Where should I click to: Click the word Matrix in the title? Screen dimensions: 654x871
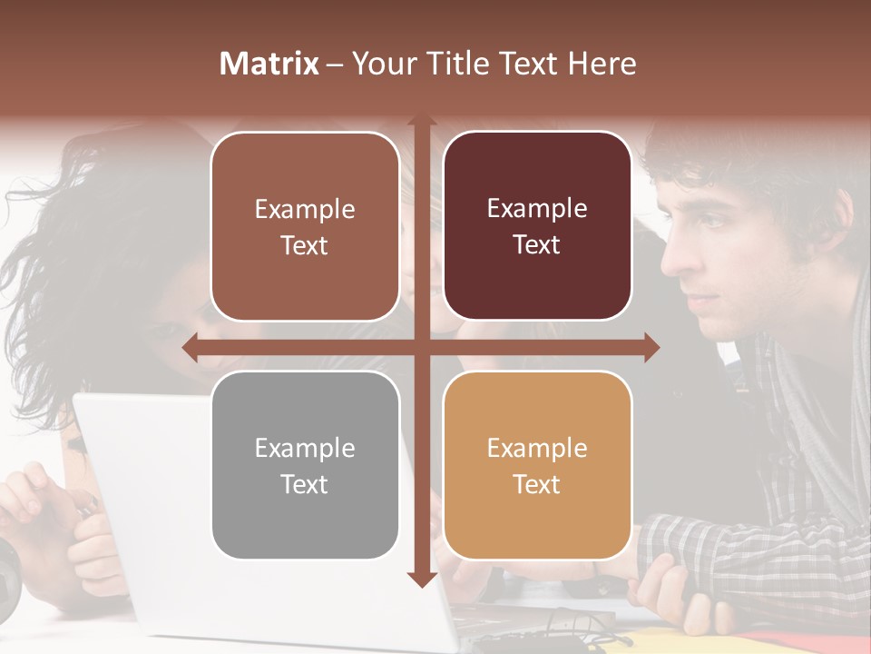(x=269, y=64)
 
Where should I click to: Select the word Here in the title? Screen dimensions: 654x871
(x=602, y=64)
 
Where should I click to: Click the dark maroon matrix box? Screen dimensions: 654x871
(x=537, y=226)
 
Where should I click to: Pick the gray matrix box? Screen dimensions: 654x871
(x=305, y=465)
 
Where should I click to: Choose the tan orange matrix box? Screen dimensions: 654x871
(x=537, y=465)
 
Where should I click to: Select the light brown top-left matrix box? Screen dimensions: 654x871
(x=305, y=226)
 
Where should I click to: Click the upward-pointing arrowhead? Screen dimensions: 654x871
(x=421, y=124)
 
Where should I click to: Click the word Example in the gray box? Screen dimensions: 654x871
(x=305, y=448)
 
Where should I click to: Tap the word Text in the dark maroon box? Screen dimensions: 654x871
(x=537, y=245)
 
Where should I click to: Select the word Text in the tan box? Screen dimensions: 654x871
(x=537, y=484)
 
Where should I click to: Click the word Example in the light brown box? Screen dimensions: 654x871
(x=305, y=209)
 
